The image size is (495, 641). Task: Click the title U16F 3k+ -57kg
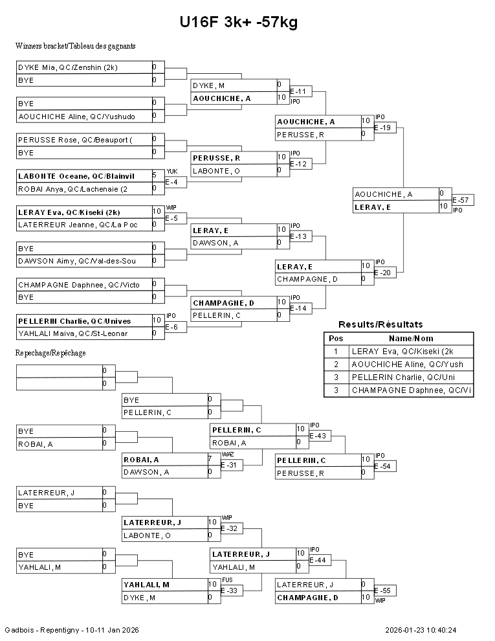[239, 23]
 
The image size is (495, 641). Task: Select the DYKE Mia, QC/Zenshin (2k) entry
[68, 67]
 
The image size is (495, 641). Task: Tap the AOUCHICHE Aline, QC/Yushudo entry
[76, 117]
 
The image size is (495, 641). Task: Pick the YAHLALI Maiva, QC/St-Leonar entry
[72, 334]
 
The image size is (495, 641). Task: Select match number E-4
[171, 183]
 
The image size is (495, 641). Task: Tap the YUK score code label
[171, 172]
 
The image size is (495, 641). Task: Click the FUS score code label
[226, 580]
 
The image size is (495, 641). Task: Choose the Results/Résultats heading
[380, 324]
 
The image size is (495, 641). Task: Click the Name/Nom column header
[411, 339]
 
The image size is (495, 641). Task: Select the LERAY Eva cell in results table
[411, 352]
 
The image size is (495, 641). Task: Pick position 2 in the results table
[336, 365]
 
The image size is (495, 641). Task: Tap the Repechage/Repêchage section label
[50, 354]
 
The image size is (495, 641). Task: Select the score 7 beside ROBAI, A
[210, 459]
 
